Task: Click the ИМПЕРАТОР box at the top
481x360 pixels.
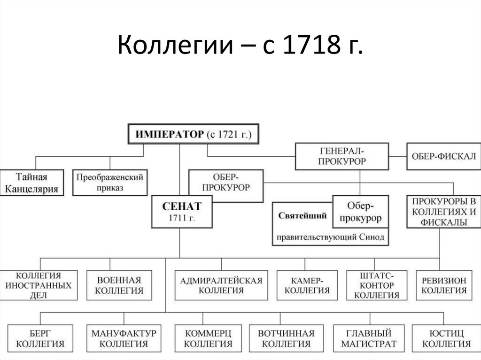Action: (194, 134)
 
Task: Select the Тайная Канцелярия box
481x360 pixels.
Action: (32, 183)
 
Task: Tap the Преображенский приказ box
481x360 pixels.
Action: (110, 182)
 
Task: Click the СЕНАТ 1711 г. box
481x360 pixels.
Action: (182, 212)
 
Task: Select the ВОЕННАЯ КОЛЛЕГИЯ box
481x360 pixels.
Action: (119, 285)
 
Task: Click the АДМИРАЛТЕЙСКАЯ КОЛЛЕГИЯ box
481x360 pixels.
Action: (221, 285)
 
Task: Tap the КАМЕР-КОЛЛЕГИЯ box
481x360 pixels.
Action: (307, 285)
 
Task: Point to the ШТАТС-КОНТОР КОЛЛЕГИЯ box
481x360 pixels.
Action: (376, 285)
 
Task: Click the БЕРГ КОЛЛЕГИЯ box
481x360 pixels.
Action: (40, 338)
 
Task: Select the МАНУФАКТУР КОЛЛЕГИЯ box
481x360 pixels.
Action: (124, 338)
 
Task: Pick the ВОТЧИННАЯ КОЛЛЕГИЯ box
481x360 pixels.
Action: (286, 338)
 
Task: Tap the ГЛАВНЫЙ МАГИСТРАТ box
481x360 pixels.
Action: (369, 338)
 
